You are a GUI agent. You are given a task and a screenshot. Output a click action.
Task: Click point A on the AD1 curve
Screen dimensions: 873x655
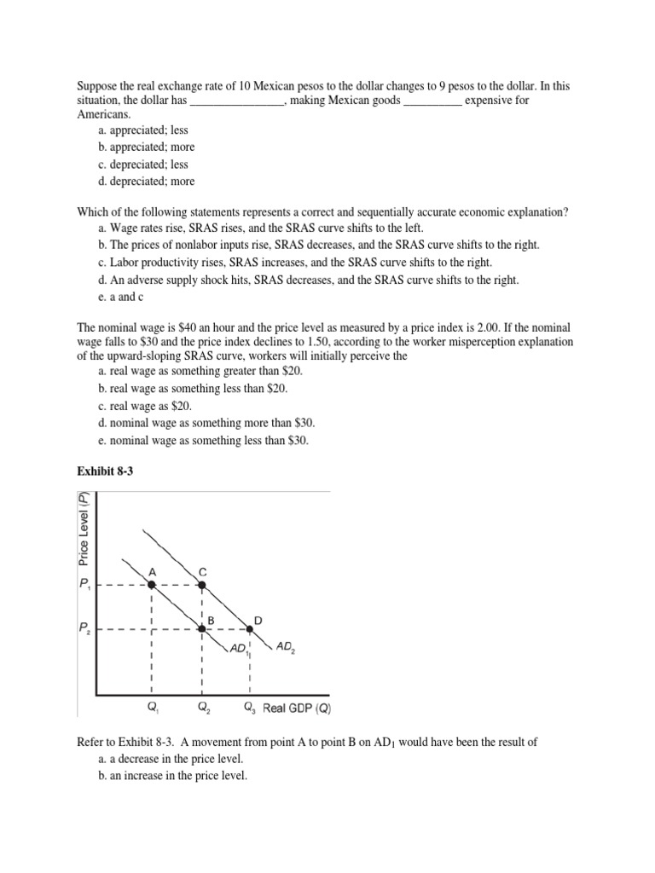pyautogui.click(x=152, y=585)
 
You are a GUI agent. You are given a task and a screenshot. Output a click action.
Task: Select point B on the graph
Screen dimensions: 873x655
pyautogui.click(x=201, y=629)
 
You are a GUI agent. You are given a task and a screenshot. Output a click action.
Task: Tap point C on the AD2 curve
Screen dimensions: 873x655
pyautogui.click(x=201, y=585)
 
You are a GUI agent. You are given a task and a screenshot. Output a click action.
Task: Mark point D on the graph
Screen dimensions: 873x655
pyautogui.click(x=250, y=629)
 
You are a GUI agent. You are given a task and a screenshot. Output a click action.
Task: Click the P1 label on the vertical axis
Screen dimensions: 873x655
pyautogui.click(x=85, y=586)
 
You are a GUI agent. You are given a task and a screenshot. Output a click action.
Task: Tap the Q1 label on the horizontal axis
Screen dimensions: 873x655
pyautogui.click(x=154, y=708)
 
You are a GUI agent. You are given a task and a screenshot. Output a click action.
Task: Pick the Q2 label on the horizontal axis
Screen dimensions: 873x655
pyautogui.click(x=203, y=708)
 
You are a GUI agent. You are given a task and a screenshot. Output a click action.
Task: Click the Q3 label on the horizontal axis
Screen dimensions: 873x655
pyautogui.click(x=250, y=708)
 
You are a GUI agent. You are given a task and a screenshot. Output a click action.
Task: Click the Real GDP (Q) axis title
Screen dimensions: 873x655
pyautogui.click(x=296, y=707)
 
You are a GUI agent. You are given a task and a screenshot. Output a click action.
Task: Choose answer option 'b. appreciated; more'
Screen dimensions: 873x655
pyautogui.click(x=147, y=147)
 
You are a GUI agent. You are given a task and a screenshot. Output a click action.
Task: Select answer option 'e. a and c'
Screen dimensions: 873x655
pyautogui.click(x=125, y=297)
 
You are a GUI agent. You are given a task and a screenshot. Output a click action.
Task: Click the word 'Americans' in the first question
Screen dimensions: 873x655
pyautogui.click(x=105, y=113)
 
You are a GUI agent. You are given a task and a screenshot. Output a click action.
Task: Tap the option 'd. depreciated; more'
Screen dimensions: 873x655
pyautogui.click(x=147, y=181)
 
